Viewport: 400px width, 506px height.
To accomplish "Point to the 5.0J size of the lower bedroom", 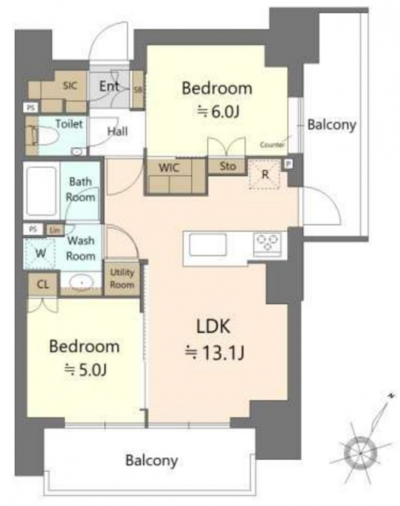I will click(86, 368).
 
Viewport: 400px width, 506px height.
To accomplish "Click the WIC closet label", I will click(168, 168).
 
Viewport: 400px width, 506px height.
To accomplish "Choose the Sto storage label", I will click(227, 166).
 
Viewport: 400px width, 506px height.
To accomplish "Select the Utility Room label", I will click(123, 278).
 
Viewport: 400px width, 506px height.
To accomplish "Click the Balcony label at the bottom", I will click(150, 459).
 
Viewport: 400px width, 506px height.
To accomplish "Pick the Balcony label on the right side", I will click(332, 125).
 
